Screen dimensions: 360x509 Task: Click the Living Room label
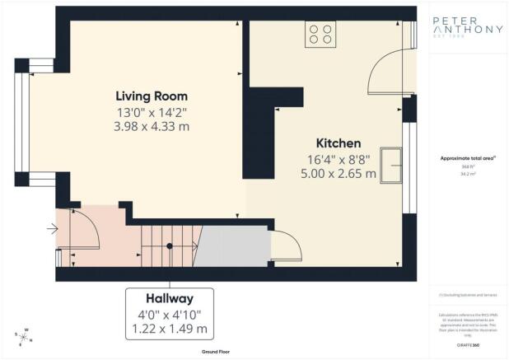click(x=152, y=96)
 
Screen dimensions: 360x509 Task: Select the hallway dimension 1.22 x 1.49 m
click(x=170, y=330)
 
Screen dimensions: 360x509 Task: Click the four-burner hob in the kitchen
click(x=320, y=35)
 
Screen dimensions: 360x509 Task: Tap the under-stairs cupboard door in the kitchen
click(x=285, y=245)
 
